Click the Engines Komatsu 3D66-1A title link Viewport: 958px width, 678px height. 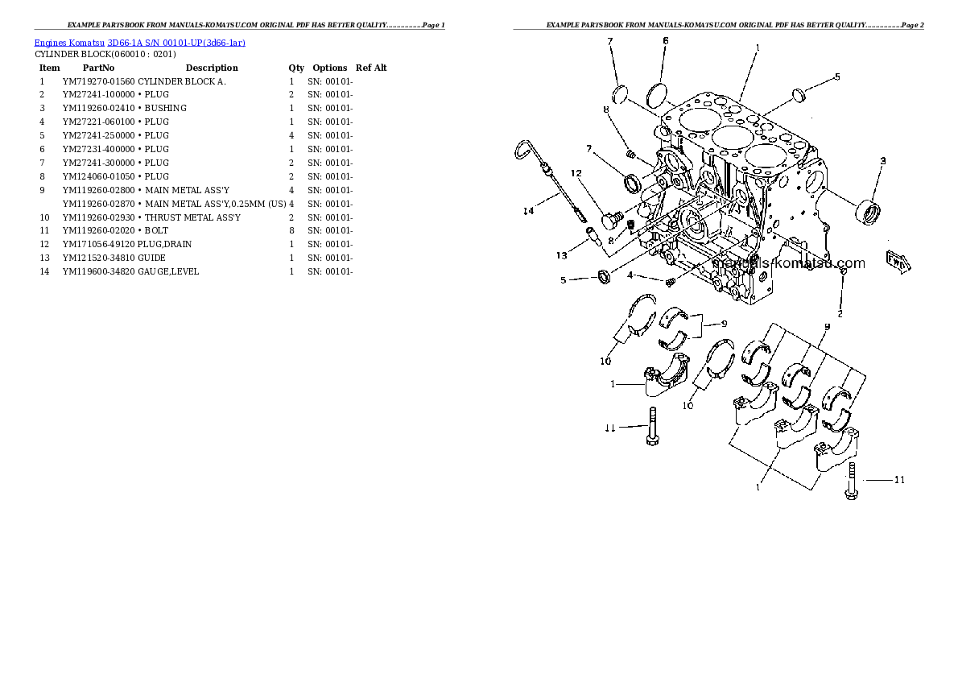coord(139,42)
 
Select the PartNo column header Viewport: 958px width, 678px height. coord(98,68)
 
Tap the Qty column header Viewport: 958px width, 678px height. coord(296,68)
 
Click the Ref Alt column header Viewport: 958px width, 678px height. coord(371,68)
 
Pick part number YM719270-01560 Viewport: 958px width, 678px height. coord(98,81)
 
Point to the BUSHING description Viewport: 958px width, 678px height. coord(165,108)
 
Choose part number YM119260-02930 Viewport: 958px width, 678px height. coord(98,217)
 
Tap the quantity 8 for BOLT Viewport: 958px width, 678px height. coord(291,230)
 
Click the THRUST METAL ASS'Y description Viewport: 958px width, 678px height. coord(192,217)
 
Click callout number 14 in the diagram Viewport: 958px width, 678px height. coord(528,212)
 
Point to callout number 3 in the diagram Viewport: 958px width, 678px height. coord(882,161)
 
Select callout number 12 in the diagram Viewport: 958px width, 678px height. coord(576,173)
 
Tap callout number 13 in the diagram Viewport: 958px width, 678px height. coord(560,256)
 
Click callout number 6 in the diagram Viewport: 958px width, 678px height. coord(665,40)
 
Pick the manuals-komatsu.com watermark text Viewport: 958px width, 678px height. coord(789,263)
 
